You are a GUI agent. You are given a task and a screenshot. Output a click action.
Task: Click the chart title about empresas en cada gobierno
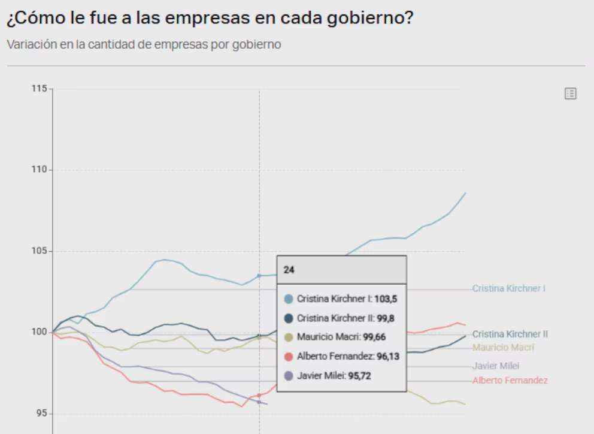(210, 19)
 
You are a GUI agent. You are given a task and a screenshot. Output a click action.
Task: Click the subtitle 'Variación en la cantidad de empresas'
(144, 45)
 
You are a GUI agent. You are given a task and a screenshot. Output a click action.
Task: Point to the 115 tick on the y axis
(39, 89)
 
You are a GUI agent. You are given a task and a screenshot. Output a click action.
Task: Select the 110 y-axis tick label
(39, 170)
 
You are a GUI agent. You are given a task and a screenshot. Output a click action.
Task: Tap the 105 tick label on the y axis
(39, 251)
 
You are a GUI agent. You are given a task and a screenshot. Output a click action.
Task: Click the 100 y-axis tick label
(39, 332)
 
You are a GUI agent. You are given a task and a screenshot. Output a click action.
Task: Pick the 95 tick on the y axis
(41, 414)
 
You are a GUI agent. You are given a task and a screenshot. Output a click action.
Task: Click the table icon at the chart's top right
(570, 94)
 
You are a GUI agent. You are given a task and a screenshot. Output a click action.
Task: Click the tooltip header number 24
(289, 270)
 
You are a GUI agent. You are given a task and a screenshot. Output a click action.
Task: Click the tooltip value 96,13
(388, 357)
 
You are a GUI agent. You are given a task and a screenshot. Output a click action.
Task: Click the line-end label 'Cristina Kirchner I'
(508, 288)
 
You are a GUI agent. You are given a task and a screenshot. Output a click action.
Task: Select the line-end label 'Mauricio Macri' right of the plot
(503, 348)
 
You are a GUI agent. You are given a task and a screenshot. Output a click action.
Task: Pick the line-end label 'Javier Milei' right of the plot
(496, 366)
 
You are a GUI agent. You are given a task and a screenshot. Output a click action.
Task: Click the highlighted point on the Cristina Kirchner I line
(259, 276)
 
